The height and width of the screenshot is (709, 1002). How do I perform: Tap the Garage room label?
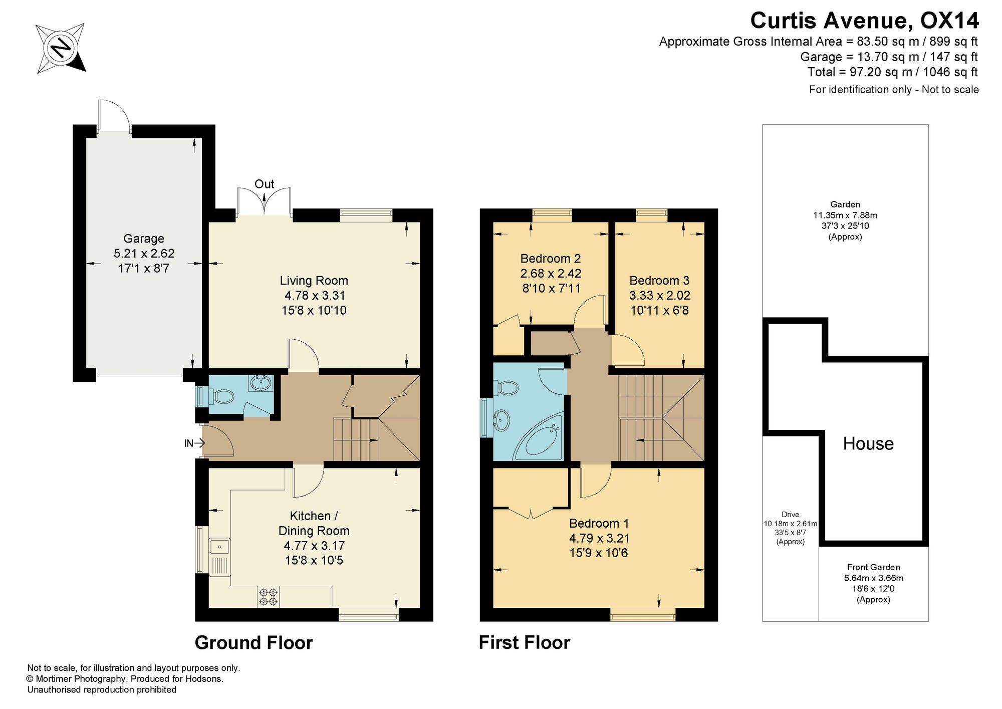[144, 239]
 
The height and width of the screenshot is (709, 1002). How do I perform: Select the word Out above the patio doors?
[265, 184]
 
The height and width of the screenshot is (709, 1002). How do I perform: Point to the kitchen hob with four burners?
[268, 596]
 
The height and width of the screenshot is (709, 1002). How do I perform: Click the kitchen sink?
[219, 556]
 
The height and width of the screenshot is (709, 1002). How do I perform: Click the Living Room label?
[314, 281]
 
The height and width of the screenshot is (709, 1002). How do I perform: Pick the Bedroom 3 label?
[659, 281]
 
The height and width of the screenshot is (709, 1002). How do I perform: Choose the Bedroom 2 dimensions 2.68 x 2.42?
[551, 274]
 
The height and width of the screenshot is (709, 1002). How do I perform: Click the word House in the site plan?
[868, 443]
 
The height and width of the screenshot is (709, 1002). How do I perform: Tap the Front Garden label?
[874, 567]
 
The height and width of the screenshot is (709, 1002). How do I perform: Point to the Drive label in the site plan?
[790, 514]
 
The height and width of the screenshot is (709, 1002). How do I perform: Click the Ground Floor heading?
[254, 643]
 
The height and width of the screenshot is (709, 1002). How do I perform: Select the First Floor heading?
[524, 643]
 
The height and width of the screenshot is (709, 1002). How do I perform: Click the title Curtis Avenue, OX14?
[864, 21]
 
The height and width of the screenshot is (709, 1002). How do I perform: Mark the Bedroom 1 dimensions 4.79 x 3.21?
[599, 538]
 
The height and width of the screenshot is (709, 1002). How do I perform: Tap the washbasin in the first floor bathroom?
[502, 419]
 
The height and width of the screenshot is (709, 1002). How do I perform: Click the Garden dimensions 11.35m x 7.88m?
[845, 215]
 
